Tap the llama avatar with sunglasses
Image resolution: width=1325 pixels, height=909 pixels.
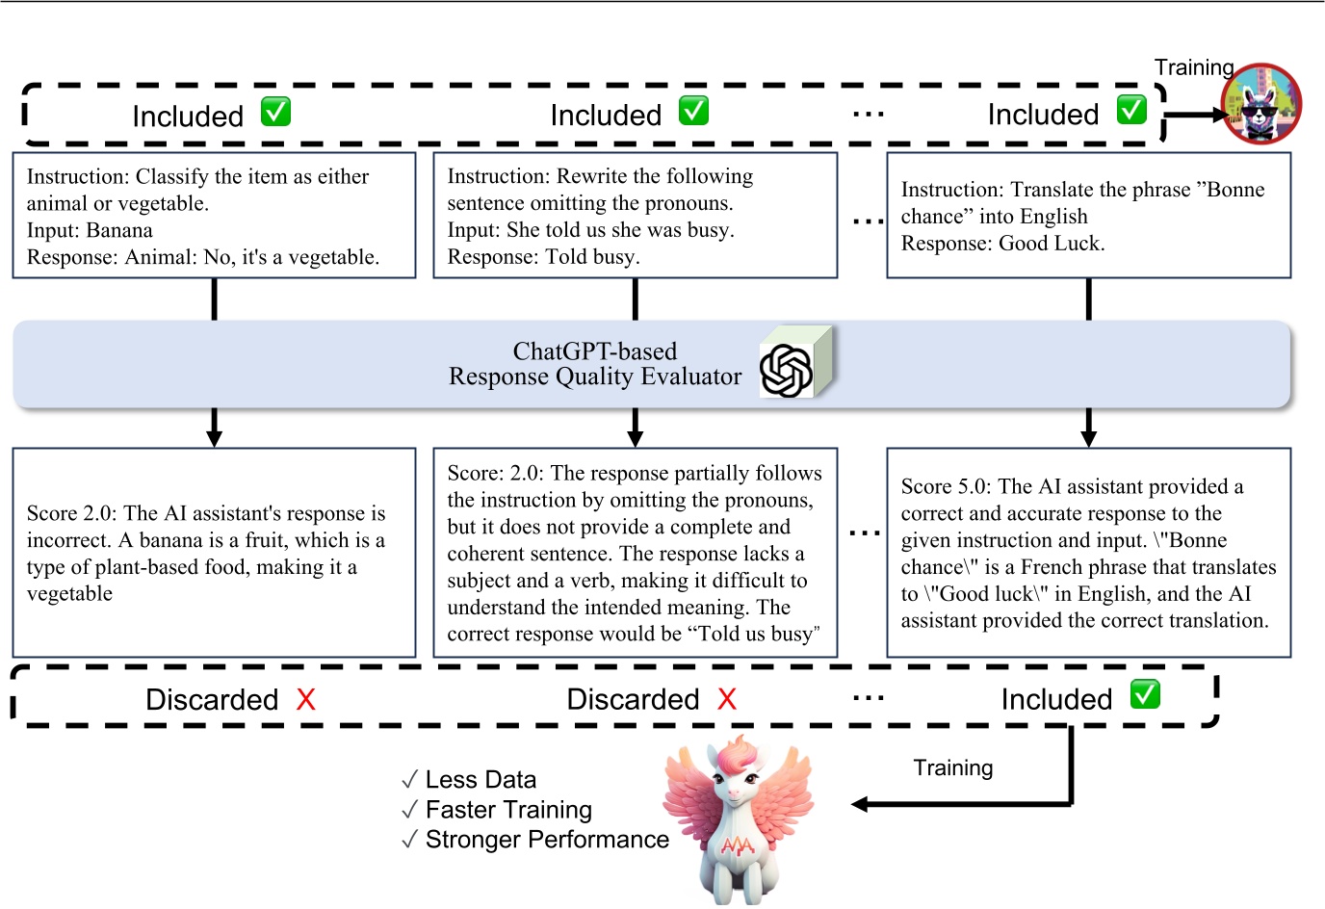tap(1260, 104)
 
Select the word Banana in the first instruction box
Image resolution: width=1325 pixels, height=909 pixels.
tap(119, 230)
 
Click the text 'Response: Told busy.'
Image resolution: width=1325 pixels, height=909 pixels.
tap(543, 257)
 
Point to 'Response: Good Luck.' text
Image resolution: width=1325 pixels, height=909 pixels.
tap(1002, 244)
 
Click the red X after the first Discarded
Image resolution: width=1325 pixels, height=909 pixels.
tap(306, 700)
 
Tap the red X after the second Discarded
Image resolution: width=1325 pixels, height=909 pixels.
tap(727, 700)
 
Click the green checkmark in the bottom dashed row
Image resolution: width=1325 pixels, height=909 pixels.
tap(1145, 694)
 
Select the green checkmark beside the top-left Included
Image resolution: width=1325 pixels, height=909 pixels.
tap(276, 112)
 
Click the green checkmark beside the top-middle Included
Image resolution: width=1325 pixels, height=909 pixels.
tap(693, 111)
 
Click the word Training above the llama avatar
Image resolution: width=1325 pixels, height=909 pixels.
tap(1194, 67)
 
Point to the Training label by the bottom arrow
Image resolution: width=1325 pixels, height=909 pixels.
tap(952, 767)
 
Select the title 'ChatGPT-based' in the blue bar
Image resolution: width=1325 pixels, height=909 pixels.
tap(594, 351)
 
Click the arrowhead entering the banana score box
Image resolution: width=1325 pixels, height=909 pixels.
tap(214, 438)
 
